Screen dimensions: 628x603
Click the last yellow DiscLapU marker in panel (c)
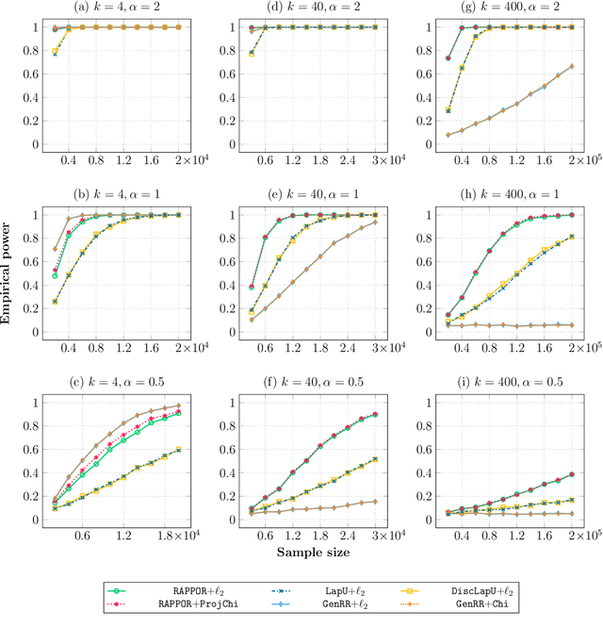pyautogui.click(x=179, y=449)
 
